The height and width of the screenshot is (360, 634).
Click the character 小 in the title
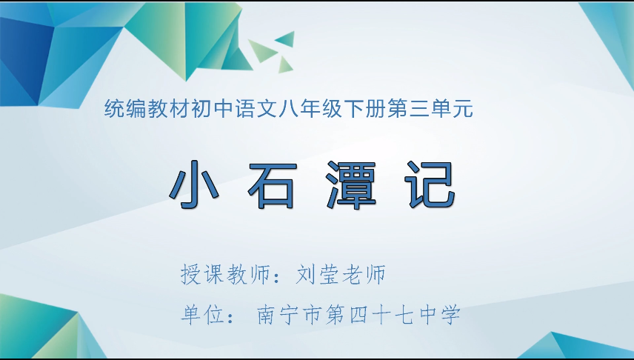pyautogui.click(x=195, y=185)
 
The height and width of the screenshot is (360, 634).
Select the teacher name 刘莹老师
pyautogui.click(x=341, y=276)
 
